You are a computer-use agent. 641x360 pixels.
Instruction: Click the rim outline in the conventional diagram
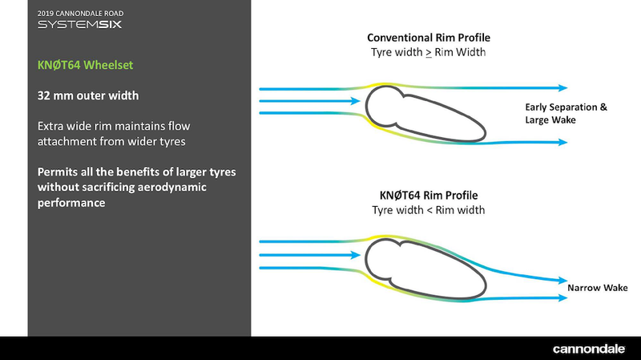[x=425, y=112]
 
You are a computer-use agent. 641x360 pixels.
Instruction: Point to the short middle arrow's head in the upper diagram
[x=354, y=101]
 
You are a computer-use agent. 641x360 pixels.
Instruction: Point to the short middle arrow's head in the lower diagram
[x=354, y=257]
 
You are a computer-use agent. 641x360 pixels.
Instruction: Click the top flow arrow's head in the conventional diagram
[x=563, y=87]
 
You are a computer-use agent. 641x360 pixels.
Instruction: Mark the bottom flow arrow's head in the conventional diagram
[x=563, y=142]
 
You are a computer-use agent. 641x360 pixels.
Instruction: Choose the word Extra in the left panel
[x=52, y=127]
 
